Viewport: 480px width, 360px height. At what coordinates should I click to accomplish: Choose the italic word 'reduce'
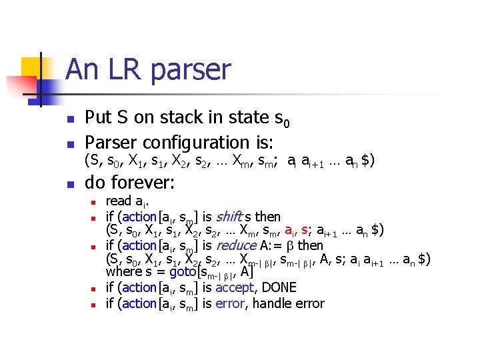click(237, 245)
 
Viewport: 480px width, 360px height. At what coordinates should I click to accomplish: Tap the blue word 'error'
click(231, 304)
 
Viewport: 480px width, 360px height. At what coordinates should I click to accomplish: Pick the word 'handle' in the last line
click(274, 304)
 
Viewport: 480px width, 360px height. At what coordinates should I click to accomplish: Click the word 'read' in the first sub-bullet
click(119, 201)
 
